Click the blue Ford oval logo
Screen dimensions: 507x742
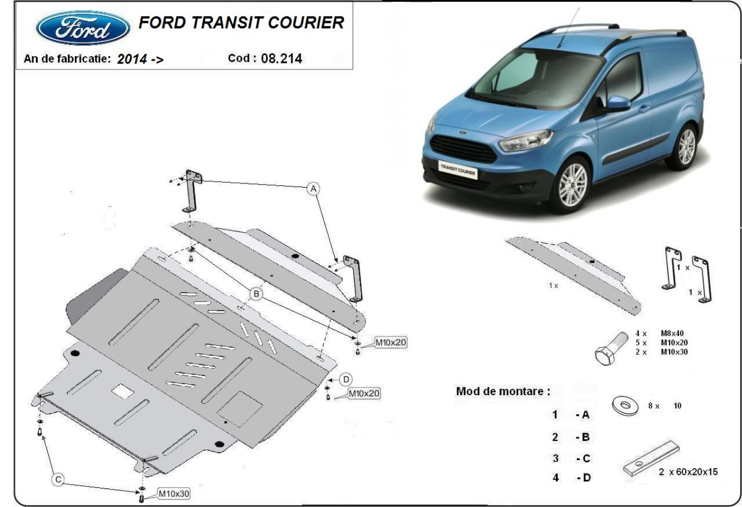pyautogui.click(x=83, y=28)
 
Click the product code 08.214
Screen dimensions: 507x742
pyautogui.click(x=282, y=59)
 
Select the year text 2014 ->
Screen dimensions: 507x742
pyautogui.click(x=140, y=59)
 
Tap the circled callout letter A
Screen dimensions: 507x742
pyautogui.click(x=313, y=188)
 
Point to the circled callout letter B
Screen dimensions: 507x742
pyautogui.click(x=256, y=294)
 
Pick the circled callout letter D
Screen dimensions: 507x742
pyautogui.click(x=346, y=379)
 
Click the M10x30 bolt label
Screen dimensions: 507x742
pyautogui.click(x=173, y=493)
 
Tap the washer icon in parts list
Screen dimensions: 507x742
pyautogui.click(x=626, y=406)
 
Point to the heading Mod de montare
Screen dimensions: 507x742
pyautogui.click(x=502, y=391)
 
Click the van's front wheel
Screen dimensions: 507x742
pyautogui.click(x=572, y=183)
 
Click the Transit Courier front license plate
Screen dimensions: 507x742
pyautogui.click(x=458, y=169)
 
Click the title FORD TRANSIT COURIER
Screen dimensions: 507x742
pyautogui.click(x=241, y=23)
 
